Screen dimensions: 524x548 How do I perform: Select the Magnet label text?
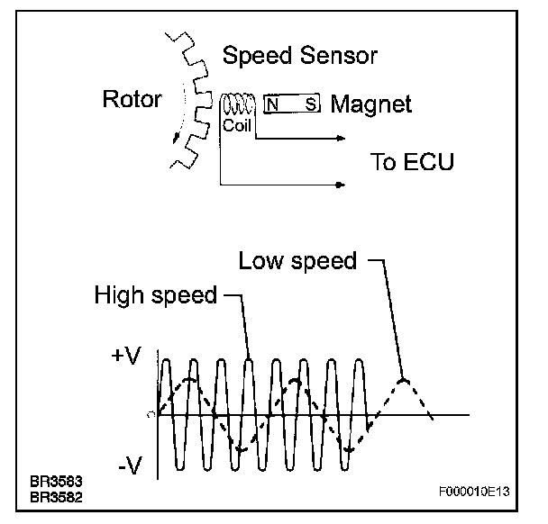(x=370, y=104)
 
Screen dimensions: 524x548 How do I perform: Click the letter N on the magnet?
(x=271, y=104)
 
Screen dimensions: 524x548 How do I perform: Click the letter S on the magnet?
(x=310, y=104)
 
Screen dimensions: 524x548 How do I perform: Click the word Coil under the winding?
(x=236, y=127)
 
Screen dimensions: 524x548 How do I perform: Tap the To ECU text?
(x=413, y=163)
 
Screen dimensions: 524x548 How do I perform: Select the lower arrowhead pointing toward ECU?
(x=341, y=186)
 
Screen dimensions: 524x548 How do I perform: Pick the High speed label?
(x=155, y=295)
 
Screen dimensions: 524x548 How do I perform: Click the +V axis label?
(x=127, y=356)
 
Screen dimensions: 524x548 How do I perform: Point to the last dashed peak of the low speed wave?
(x=405, y=379)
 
